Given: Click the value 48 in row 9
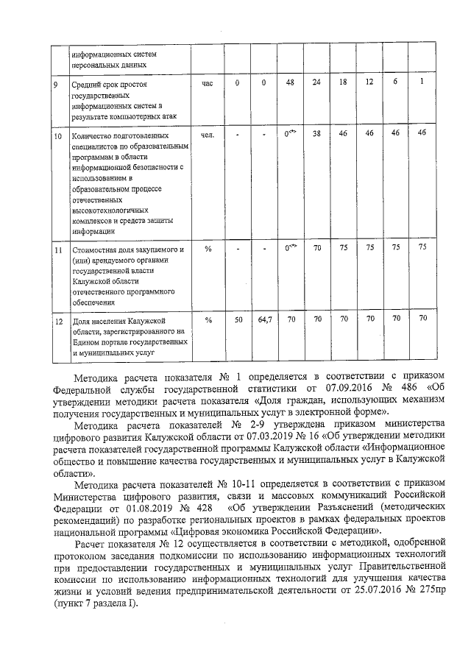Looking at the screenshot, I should [291, 82].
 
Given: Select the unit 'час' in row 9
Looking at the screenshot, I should [208, 83].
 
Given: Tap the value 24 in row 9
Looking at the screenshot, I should [316, 82].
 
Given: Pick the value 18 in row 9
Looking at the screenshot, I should [342, 82].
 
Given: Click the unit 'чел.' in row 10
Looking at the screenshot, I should [208, 135].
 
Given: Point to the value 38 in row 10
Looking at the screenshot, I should [316, 134].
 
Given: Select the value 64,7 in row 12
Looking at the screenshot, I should [264, 320].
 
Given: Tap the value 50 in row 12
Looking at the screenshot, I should [238, 320].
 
